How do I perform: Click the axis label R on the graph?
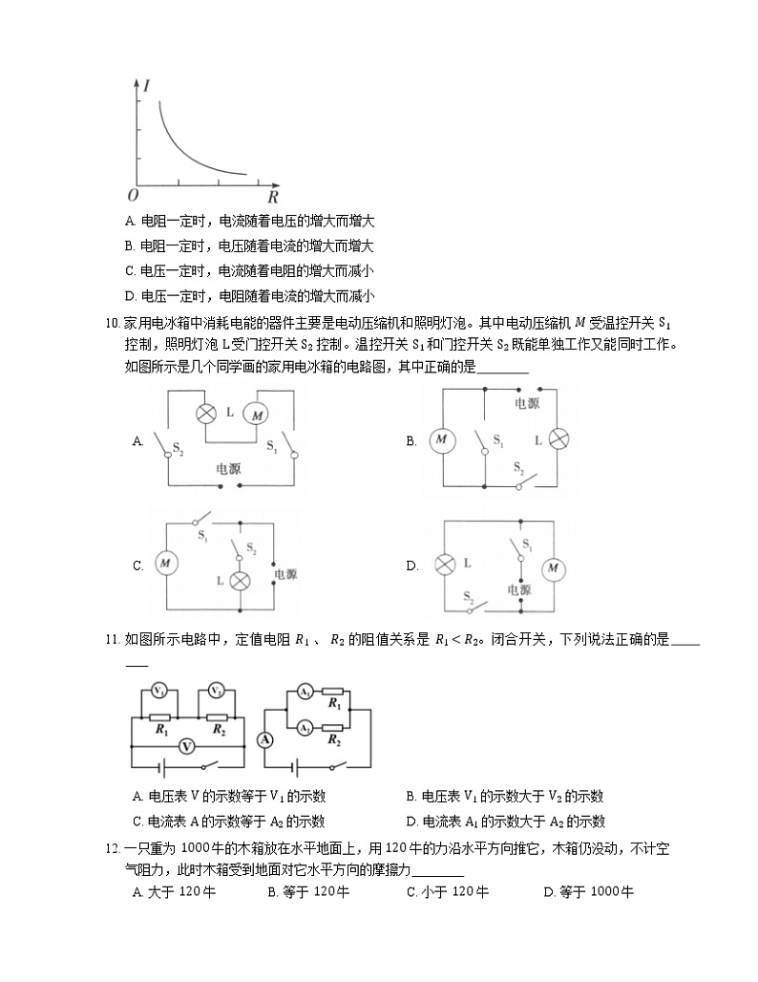[272, 198]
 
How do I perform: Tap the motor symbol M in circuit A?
[257, 413]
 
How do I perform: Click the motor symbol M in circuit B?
[441, 440]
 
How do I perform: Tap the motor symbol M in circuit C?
[166, 565]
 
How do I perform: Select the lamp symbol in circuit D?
[444, 565]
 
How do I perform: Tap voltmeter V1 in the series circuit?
[160, 691]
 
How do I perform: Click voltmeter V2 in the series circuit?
[217, 691]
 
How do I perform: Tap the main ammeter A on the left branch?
[266, 739]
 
